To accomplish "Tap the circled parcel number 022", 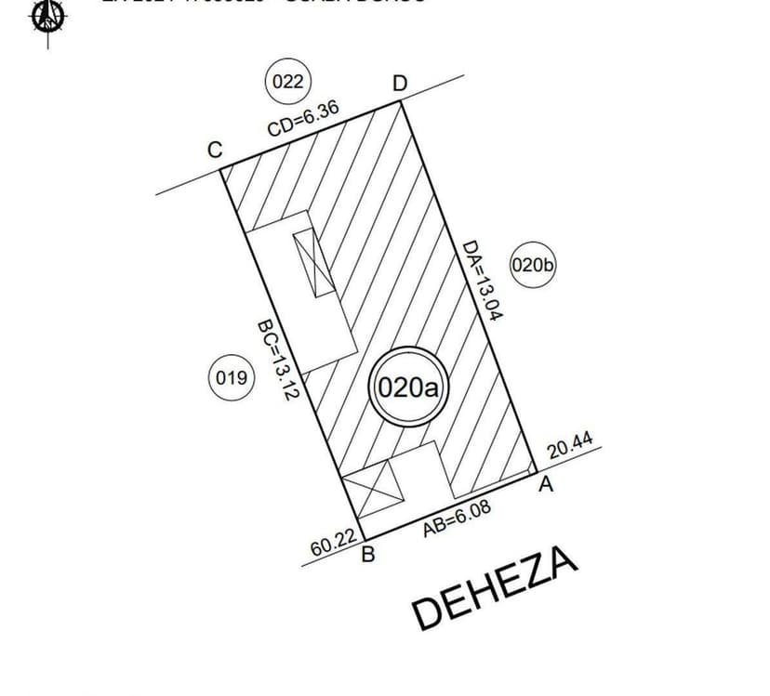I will (287, 82).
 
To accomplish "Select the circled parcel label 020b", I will (533, 266).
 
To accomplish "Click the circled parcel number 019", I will (231, 378).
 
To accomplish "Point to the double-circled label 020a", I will (409, 387).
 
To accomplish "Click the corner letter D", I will (399, 84).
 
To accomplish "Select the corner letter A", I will (547, 484).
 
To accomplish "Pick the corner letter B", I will (367, 557).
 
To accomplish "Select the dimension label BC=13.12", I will (276, 360).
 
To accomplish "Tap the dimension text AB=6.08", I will (457, 518).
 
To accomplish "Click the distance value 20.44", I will (570, 448).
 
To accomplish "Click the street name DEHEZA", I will (496, 587).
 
